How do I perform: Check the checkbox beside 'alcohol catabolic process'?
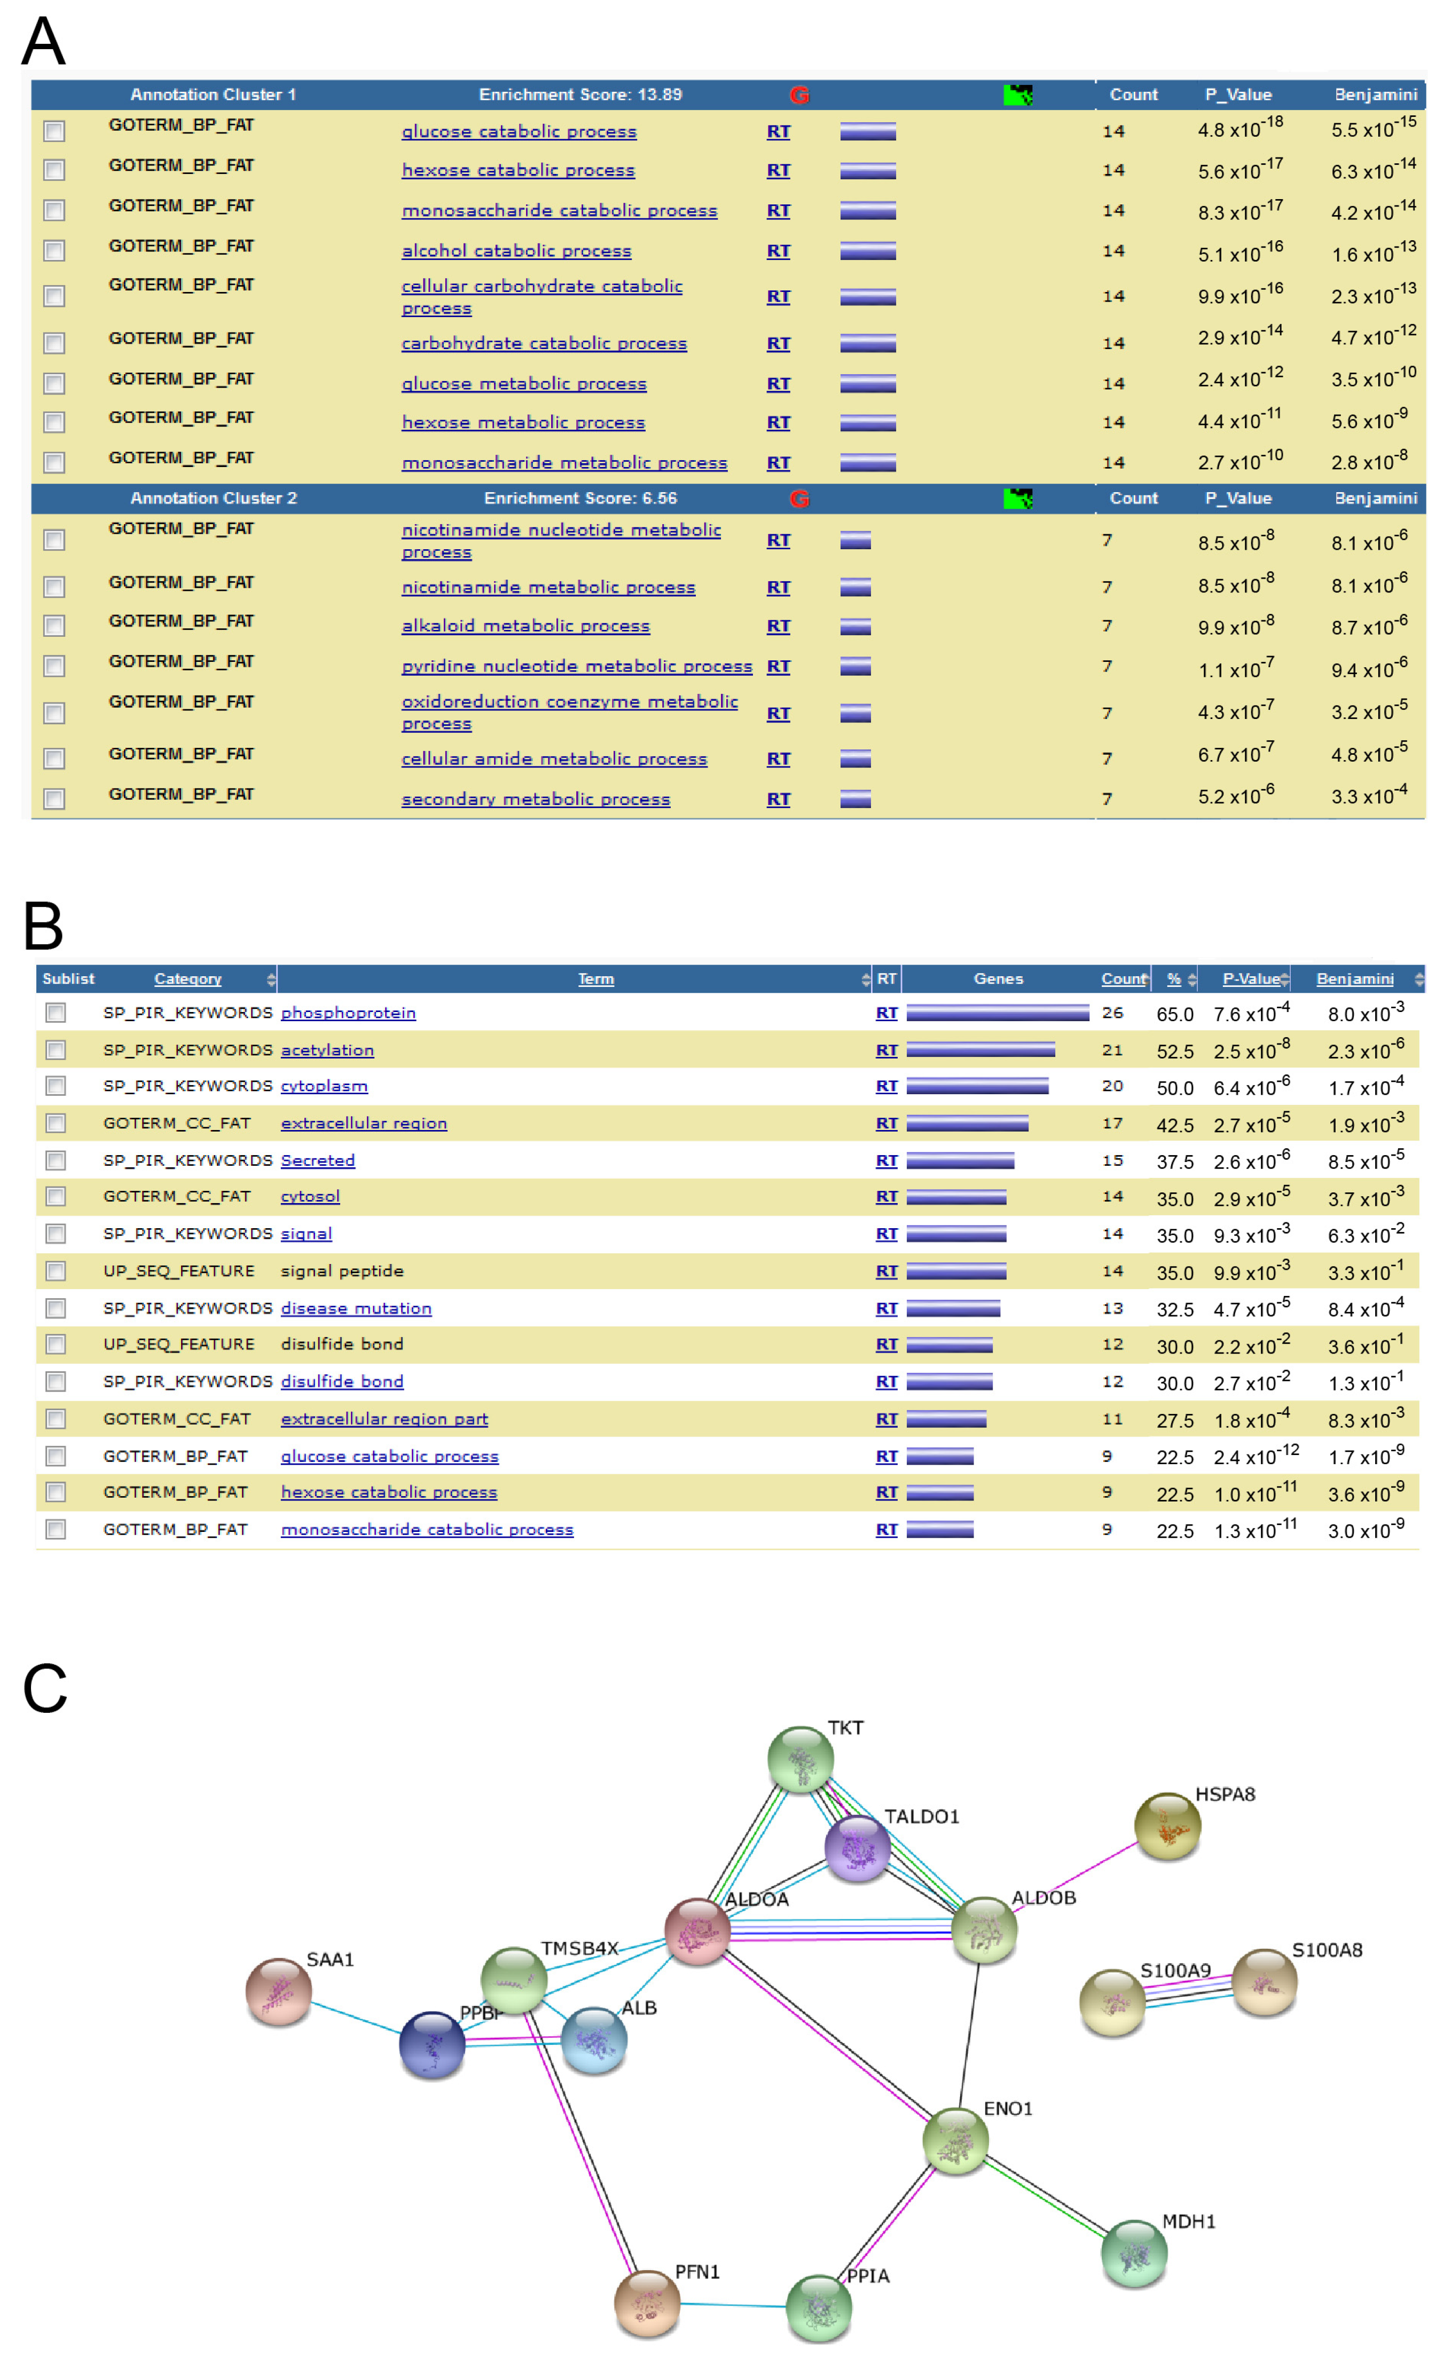pyautogui.click(x=54, y=251)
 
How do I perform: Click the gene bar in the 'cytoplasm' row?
pyautogui.click(x=977, y=1086)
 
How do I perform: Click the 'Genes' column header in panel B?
pyautogui.click(x=998, y=978)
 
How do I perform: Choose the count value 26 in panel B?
pyautogui.click(x=1112, y=1013)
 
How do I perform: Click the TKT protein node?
pyautogui.click(x=800, y=1759)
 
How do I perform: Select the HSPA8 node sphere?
pyautogui.click(x=1167, y=1826)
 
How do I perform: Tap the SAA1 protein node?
pyautogui.click(x=278, y=1991)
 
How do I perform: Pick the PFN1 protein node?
pyautogui.click(x=647, y=2303)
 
